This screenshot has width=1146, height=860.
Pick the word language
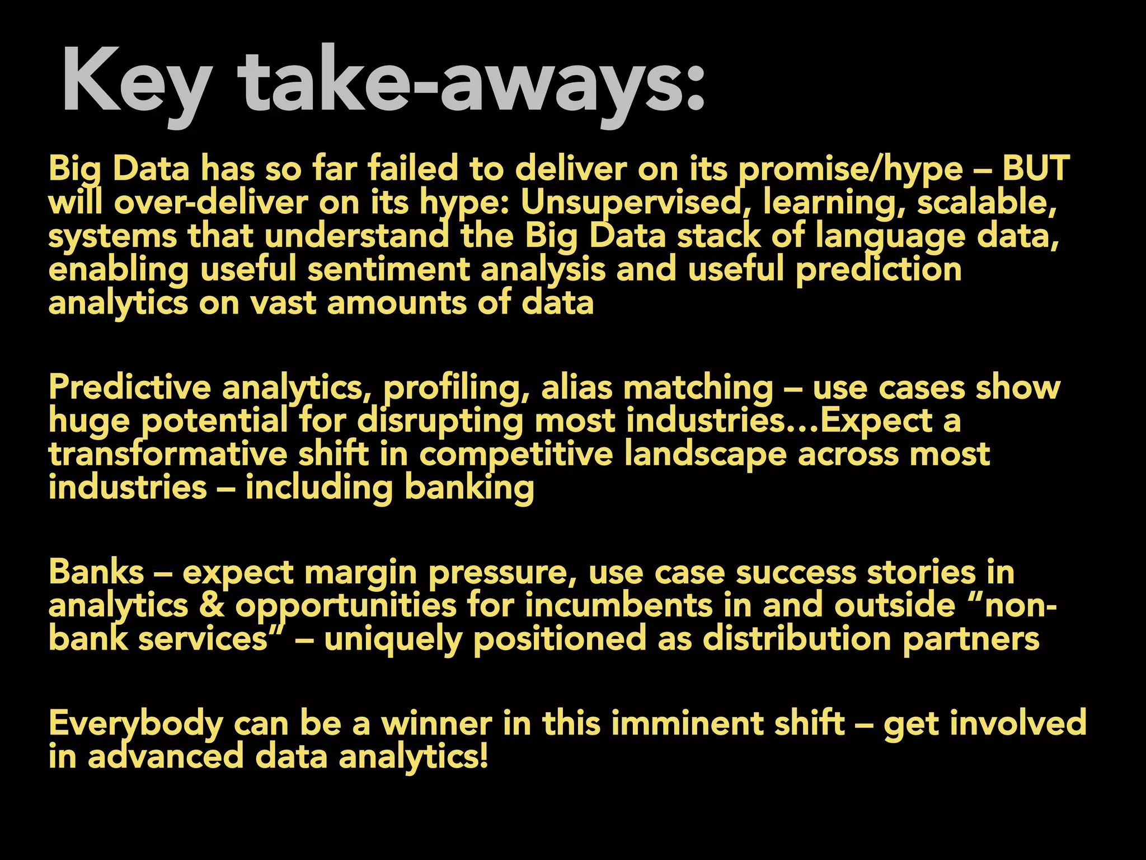pyautogui.click(x=890, y=236)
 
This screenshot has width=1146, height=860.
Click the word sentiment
pyautogui.click(x=388, y=270)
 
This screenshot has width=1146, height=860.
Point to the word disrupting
pyautogui.click(x=440, y=421)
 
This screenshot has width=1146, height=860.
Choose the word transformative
pyautogui.click(x=168, y=455)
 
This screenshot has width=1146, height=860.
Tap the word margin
pyautogui.click(x=361, y=572)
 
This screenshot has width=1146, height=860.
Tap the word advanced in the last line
pyautogui.click(x=166, y=757)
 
